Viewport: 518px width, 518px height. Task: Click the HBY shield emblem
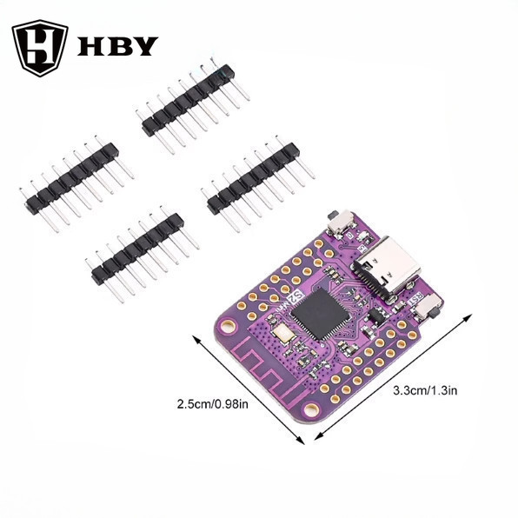click(40, 48)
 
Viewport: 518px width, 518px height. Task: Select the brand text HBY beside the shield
click(117, 46)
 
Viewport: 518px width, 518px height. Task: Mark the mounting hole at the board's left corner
click(227, 327)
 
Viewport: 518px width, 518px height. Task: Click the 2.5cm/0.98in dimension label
click(213, 404)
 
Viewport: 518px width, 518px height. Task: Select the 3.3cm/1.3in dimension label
click(425, 389)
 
